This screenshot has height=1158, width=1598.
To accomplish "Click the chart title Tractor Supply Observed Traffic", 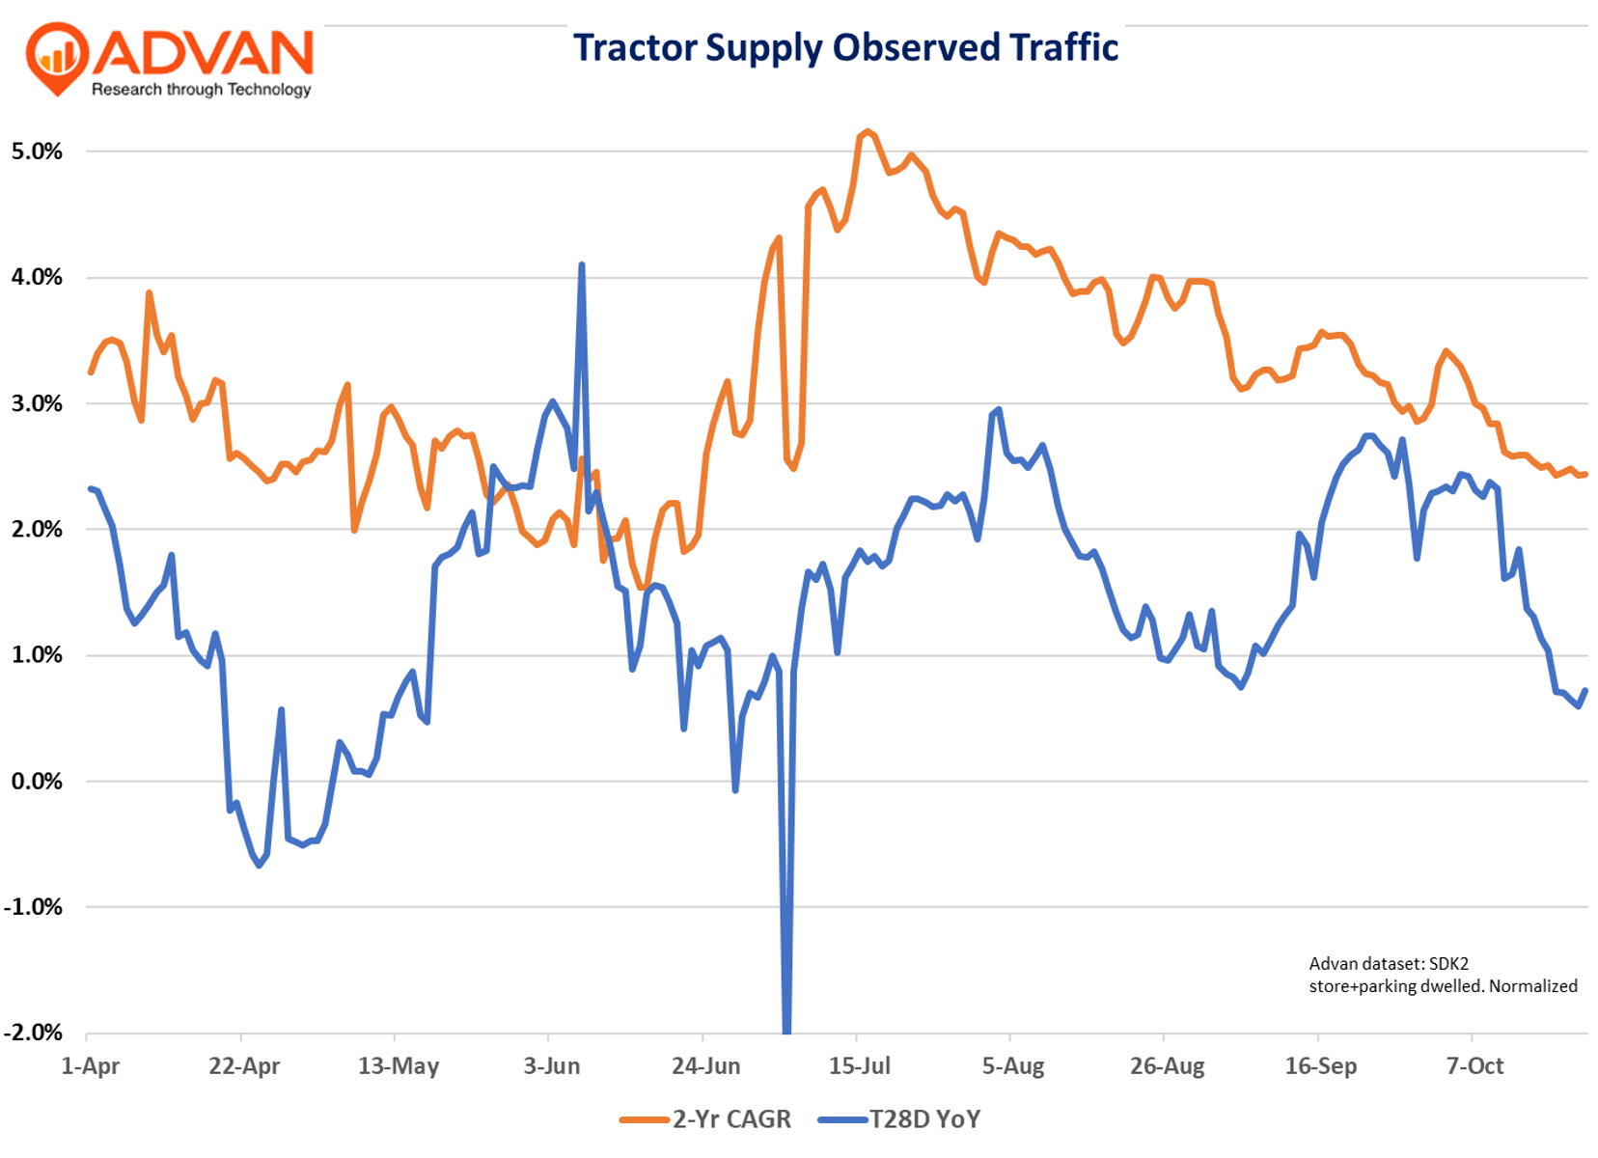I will (x=845, y=47).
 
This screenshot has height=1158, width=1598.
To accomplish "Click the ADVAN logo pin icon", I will (x=58, y=57).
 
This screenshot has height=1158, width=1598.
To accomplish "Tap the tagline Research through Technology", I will (x=201, y=90).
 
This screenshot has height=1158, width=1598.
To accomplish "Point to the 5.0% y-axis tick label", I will (x=37, y=152).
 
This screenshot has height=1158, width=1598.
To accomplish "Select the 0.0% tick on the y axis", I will (x=37, y=781).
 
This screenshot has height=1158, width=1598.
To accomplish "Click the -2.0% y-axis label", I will (x=34, y=1033).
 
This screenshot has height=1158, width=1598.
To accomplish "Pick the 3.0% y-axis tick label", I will (x=37, y=403).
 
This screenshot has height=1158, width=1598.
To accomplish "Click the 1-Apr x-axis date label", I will (x=90, y=1066).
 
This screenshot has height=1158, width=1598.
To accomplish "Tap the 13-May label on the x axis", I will (x=399, y=1066).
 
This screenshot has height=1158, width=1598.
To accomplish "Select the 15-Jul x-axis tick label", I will (x=860, y=1066).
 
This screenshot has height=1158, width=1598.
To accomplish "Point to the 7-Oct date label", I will (x=1475, y=1066).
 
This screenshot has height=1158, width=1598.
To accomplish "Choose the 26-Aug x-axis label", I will (x=1168, y=1066).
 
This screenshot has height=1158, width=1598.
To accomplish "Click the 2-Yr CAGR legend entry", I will (x=706, y=1119).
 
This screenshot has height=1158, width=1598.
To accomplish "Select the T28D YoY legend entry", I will (x=899, y=1119).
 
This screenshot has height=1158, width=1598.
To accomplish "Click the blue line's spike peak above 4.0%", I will (x=581, y=264).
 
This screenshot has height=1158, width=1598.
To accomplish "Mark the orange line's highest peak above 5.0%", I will (x=867, y=131).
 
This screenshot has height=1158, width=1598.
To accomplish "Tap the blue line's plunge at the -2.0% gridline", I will (x=786, y=1029).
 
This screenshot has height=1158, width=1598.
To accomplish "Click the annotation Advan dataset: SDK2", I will (x=1389, y=963).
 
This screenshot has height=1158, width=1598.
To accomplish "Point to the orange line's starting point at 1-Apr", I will (x=91, y=372).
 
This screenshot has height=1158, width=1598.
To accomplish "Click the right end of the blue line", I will (x=1585, y=691).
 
